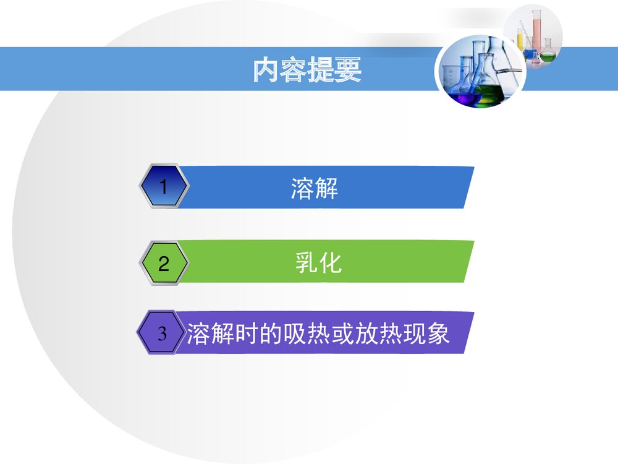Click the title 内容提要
[x=307, y=71]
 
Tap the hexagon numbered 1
[x=163, y=186]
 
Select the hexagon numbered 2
[x=163, y=264]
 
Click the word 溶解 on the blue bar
[x=315, y=187]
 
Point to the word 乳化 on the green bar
[x=318, y=263]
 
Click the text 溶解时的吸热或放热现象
[x=318, y=334]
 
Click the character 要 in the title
[x=349, y=71]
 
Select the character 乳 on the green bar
[x=307, y=263]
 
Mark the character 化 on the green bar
[x=331, y=263]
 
